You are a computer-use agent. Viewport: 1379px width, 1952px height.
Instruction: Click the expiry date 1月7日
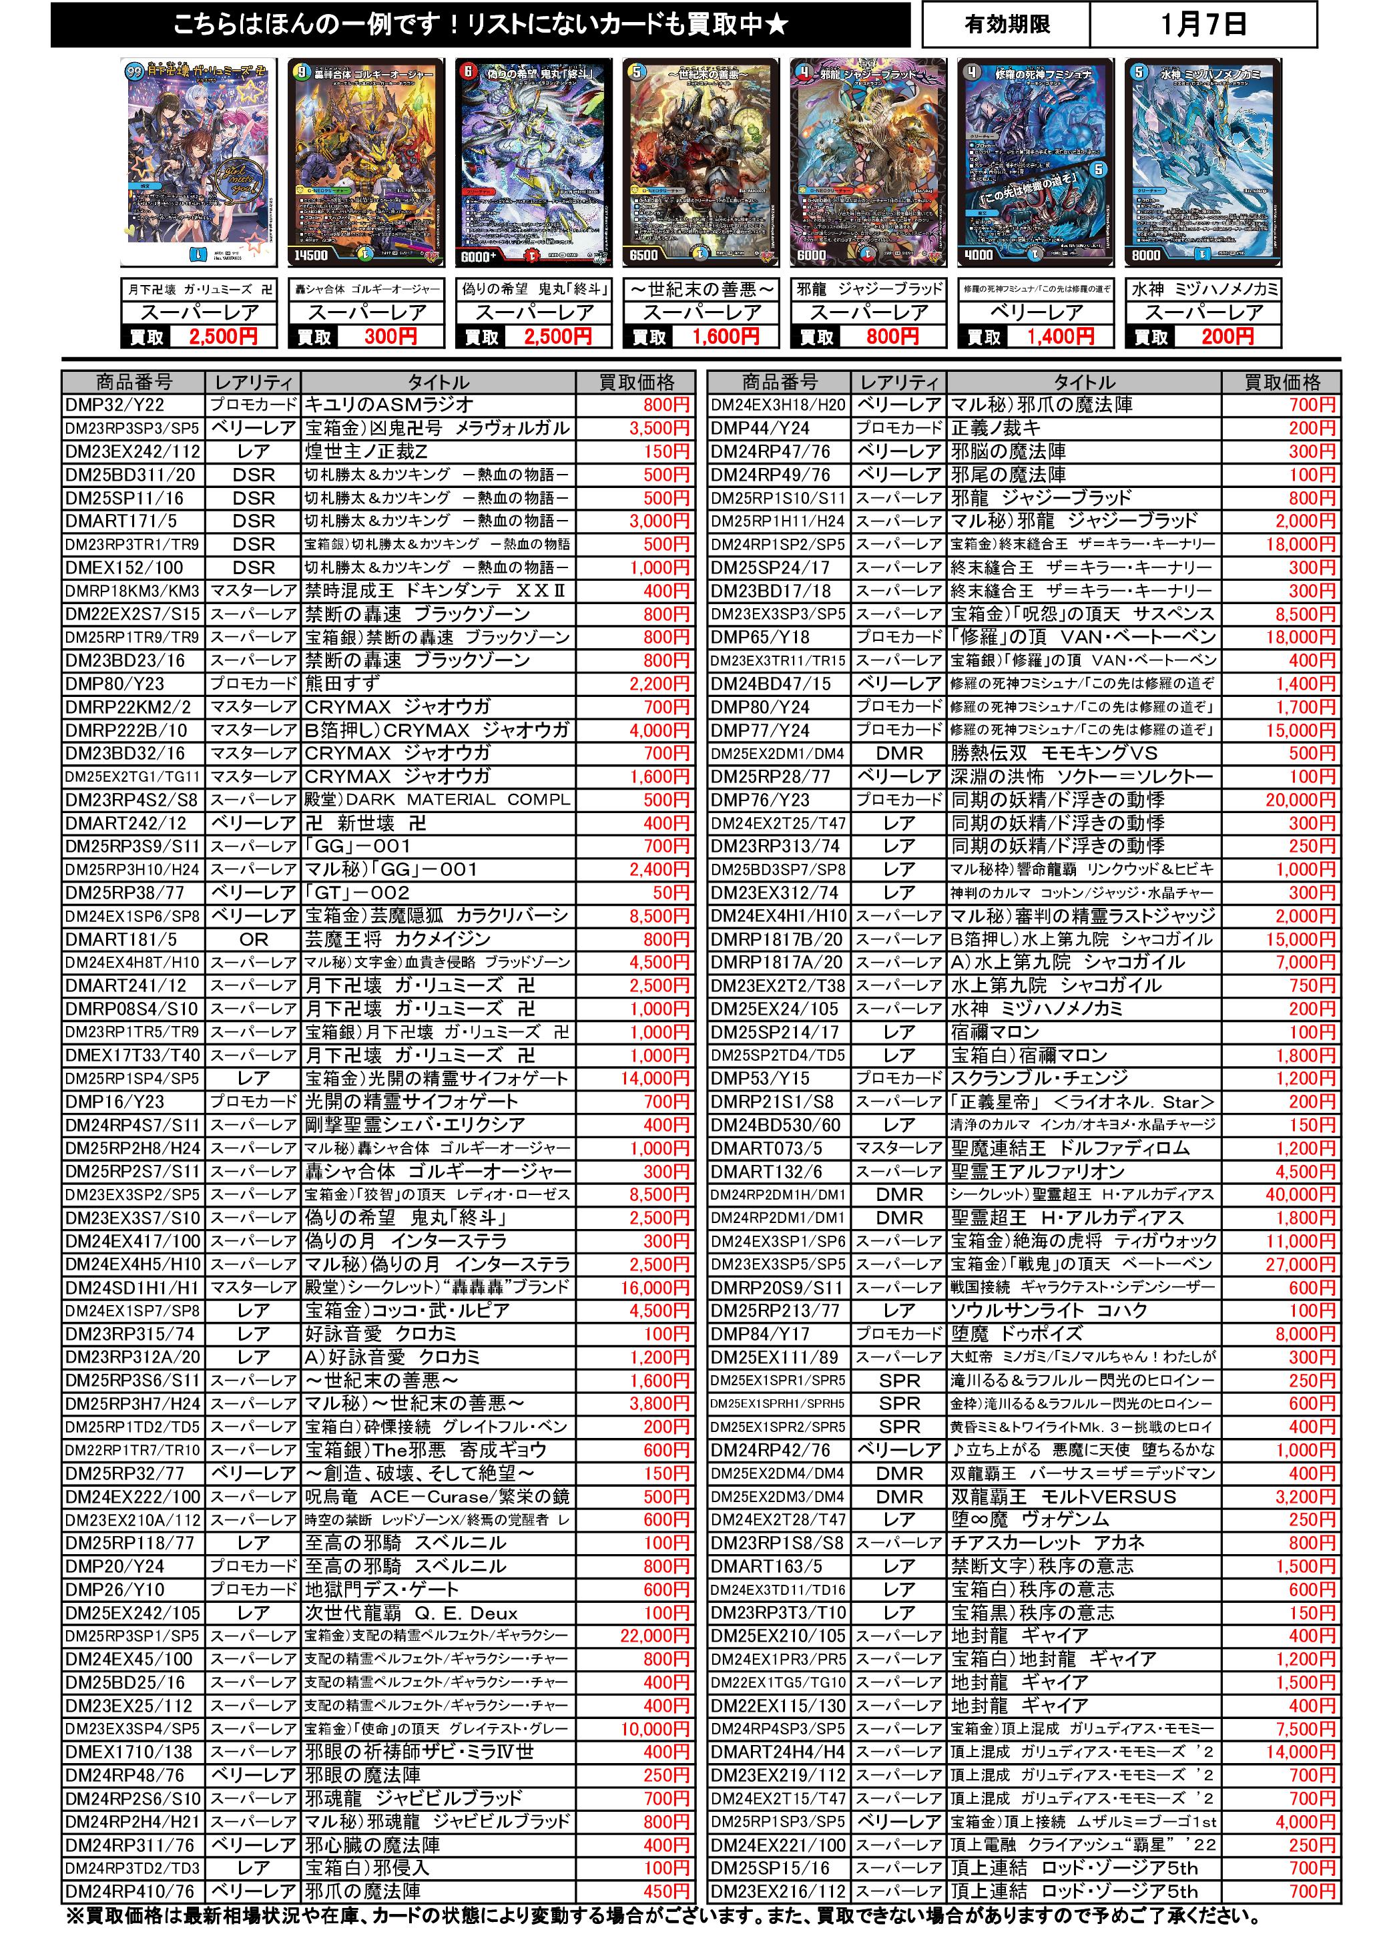coord(1202,25)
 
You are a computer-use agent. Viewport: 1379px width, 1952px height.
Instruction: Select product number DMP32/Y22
coord(115,405)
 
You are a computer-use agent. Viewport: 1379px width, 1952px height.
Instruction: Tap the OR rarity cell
coord(254,939)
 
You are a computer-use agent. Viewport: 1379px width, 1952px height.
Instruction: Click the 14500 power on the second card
coord(311,255)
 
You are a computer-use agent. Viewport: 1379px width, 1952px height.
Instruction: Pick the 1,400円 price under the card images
coord(1060,336)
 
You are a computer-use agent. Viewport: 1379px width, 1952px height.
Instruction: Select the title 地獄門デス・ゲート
coord(382,1590)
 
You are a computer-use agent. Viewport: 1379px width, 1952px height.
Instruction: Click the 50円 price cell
coord(671,893)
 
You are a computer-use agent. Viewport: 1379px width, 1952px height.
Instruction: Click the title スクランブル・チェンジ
coord(1040,1079)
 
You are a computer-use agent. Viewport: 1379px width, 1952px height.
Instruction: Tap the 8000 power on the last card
coord(1145,255)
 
